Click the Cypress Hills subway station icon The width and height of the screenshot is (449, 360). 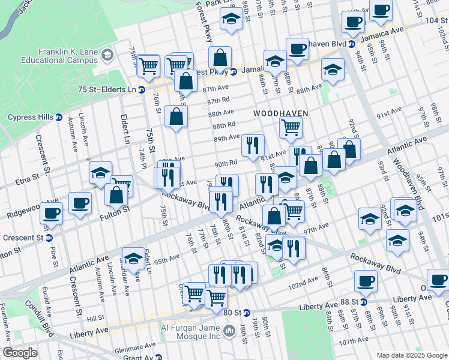[x=58, y=117]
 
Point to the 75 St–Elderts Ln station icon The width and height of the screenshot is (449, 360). [x=142, y=90]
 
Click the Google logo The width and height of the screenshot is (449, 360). [x=20, y=352]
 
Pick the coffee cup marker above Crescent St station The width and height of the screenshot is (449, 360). [x=52, y=212]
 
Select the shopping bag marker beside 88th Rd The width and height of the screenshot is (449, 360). [x=176, y=117]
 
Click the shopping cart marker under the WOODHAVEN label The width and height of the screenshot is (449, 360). [x=291, y=127]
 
